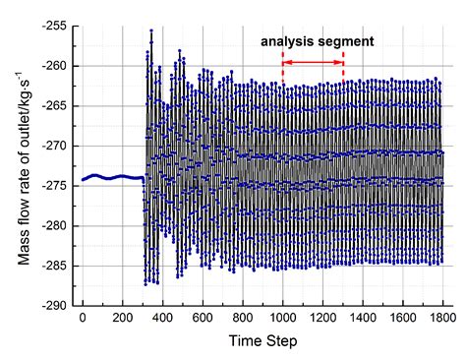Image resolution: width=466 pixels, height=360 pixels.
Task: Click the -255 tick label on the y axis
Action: [55, 26]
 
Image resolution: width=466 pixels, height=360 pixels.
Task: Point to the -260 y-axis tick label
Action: [55, 66]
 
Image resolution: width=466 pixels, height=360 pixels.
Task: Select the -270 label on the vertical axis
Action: [55, 146]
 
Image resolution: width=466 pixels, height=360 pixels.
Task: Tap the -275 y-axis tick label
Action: [55, 186]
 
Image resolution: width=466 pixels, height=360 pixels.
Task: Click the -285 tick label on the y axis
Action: [55, 266]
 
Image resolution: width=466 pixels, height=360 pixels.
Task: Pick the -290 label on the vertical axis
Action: [55, 306]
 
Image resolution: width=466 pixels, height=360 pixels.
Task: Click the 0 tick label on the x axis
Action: [83, 318]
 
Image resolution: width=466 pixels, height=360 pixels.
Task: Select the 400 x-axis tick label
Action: [162, 318]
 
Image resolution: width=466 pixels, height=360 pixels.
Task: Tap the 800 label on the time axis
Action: [243, 318]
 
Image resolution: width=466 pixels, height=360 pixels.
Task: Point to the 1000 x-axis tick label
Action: [282, 318]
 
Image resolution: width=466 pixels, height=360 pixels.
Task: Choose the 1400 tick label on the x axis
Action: [363, 318]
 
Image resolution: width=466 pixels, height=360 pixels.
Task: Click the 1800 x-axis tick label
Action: [442, 318]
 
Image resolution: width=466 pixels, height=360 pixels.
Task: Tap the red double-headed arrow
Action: [313, 62]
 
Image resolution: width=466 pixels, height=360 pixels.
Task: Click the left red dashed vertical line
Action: [283, 67]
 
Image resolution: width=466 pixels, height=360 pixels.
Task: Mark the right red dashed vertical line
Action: [343, 67]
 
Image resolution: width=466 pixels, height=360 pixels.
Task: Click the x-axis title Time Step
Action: [263, 341]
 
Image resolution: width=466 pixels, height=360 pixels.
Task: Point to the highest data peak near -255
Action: [151, 30]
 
